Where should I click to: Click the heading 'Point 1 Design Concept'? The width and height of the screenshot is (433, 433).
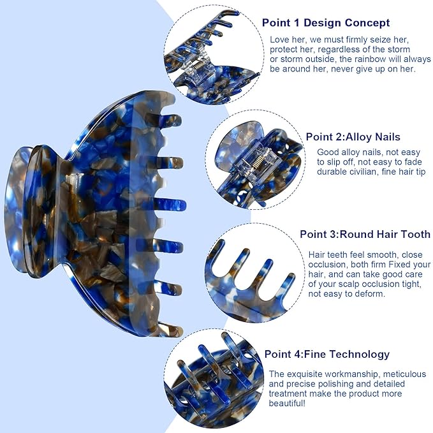point(326,23)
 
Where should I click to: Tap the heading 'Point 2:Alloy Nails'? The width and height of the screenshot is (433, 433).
point(353,137)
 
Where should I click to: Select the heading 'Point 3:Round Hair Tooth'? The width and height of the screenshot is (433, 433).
point(365,234)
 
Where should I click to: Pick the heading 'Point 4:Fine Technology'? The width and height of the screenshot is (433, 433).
point(327,355)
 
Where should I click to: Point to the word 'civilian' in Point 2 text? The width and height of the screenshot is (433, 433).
point(359,172)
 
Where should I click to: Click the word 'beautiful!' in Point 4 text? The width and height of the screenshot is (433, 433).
point(287,403)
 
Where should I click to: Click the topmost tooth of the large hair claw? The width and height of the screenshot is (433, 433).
point(171,121)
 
